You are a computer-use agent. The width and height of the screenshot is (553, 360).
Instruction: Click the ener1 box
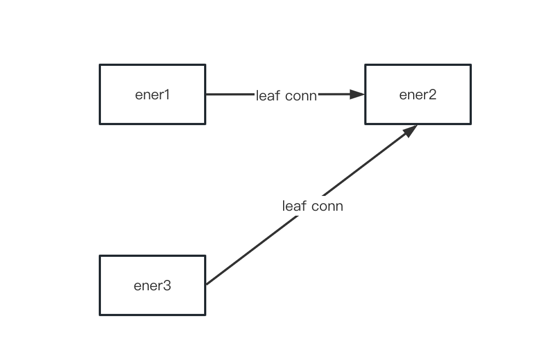(x=153, y=94)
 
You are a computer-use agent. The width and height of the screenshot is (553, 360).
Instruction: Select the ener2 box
(x=418, y=94)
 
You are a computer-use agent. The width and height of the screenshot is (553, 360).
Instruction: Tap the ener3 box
(x=153, y=285)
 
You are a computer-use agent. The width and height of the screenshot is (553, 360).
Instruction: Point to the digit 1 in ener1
(x=167, y=94)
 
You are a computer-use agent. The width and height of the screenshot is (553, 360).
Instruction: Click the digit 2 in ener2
(x=432, y=94)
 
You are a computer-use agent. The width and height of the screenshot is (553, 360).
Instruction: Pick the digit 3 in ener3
(x=167, y=285)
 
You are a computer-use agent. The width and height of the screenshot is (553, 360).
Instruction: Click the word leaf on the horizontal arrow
(x=268, y=95)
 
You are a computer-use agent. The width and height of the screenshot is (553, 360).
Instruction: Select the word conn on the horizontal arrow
(x=301, y=96)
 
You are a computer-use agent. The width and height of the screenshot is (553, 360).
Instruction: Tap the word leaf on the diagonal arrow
(x=294, y=206)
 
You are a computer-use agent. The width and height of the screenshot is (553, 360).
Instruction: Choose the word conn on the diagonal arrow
(x=327, y=206)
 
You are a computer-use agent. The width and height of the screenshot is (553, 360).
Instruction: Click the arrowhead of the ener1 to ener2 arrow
(x=358, y=94)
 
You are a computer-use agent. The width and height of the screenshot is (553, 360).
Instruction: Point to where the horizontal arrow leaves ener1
(x=207, y=94)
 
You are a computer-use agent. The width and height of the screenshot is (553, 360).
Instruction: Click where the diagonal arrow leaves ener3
(x=207, y=284)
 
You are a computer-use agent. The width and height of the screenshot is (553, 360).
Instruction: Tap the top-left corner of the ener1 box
(x=100, y=65)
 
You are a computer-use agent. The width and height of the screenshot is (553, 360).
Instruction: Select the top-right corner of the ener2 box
(x=471, y=65)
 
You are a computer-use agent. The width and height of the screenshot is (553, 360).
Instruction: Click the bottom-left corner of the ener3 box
(x=100, y=315)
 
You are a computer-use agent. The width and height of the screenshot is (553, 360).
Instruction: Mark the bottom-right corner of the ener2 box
(x=471, y=123)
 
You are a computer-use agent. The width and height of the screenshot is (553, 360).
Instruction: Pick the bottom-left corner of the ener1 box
(x=100, y=123)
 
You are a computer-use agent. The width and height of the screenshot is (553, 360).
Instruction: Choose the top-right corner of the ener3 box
(x=205, y=256)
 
